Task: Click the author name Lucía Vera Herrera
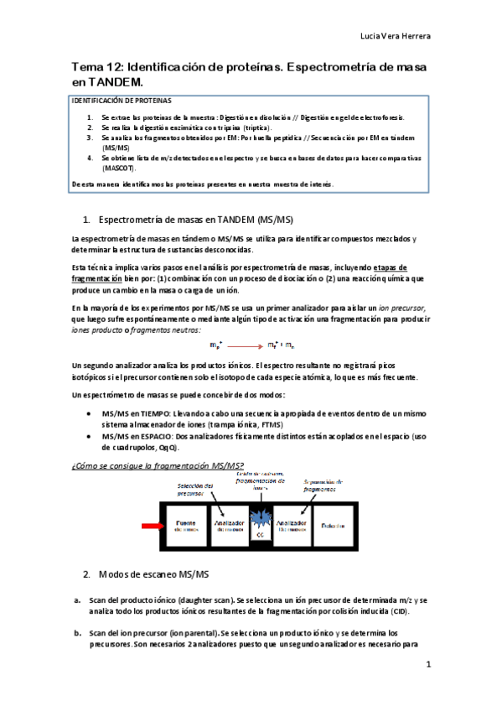pos(395,37)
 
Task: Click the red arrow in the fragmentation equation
pos(246,345)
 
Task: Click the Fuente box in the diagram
pos(186,527)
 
